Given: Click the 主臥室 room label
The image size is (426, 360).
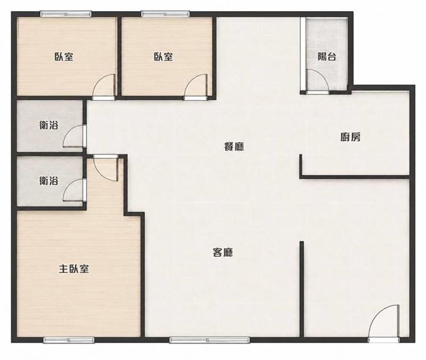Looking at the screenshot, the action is click(73, 269).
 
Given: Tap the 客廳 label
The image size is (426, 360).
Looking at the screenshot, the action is click(223, 252).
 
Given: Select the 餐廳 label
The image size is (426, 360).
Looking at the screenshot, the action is click(234, 147).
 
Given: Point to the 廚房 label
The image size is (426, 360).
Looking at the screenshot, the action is click(350, 137).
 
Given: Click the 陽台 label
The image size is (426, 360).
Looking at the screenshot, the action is click(327, 57).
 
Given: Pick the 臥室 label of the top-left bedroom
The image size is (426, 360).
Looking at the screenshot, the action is click(64, 57).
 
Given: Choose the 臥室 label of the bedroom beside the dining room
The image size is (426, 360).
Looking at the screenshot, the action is click(163, 57).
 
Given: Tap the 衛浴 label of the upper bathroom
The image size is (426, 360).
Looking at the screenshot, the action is click(48, 125).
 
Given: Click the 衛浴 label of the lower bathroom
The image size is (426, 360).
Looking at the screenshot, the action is click(48, 181).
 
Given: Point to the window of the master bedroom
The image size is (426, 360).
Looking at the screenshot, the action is click(69, 340).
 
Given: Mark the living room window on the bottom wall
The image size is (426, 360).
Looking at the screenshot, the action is click(209, 340).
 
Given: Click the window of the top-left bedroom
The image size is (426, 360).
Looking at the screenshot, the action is click(65, 14).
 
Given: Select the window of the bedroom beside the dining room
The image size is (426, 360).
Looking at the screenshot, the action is click(165, 14).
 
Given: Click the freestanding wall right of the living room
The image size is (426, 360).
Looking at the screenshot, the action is click(301, 289).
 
